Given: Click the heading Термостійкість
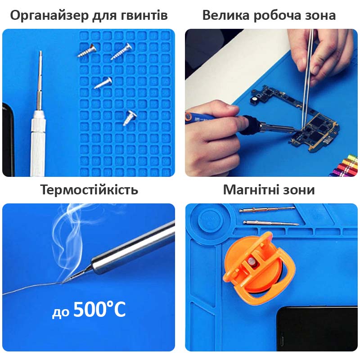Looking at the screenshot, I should tap(89, 190).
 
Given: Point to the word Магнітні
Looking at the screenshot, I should tap(252, 190).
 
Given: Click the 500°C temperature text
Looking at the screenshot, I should tap(99, 310).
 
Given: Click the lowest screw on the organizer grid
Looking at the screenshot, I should tap(130, 118).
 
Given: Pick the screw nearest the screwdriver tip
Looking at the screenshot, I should tap(85, 50).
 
